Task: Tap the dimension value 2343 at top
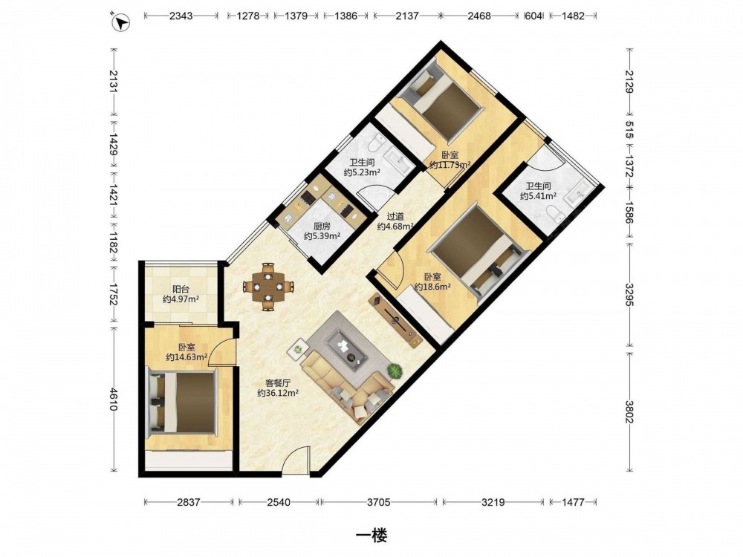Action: pos(181,16)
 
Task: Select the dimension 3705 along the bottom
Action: pos(379,502)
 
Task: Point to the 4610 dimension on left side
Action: pos(114,400)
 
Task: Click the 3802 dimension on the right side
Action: pos(629,412)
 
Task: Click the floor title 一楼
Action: pos(371,535)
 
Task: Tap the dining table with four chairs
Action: pos(268,287)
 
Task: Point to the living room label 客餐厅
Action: pos(278,382)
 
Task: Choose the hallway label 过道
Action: pos(395,216)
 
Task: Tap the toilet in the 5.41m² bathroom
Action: pos(555,213)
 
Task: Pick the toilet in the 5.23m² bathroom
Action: pos(379,142)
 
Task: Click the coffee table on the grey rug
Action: pos(348,347)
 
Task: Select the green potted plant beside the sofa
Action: pos(395,371)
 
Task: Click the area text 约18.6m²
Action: pos(432,287)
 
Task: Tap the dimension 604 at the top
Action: pos(533,16)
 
